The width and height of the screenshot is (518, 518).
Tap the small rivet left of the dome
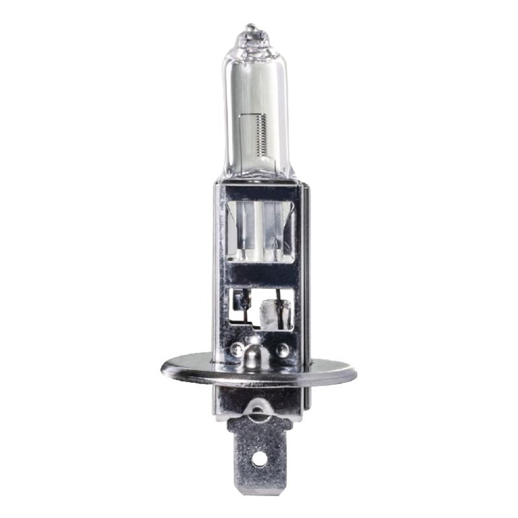point(235,348)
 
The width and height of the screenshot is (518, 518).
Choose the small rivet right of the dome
point(283,348)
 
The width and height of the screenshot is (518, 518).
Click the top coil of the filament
point(261,117)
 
